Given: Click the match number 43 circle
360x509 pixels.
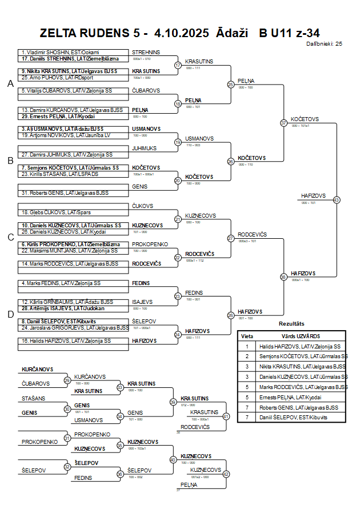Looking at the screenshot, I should tap(337, 200).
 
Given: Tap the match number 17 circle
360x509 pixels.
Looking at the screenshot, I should tap(178, 65).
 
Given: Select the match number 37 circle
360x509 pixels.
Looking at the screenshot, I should tap(283, 123).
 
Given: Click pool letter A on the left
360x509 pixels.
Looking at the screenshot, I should tap(10, 84).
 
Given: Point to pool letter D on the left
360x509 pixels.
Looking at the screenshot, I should tap(10, 314).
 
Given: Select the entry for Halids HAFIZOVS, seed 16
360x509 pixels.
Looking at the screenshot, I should tap(66, 340).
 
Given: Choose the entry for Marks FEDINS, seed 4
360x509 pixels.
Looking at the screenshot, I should tap(61, 283).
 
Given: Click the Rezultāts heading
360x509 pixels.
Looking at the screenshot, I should tap(291, 324).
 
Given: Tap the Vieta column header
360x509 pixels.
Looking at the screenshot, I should tap(247, 336).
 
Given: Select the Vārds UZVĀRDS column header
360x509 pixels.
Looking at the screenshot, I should tap(301, 336).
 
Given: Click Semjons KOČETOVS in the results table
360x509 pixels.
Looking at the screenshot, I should tap(303, 356).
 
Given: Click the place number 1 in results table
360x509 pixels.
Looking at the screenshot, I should tap(247, 346).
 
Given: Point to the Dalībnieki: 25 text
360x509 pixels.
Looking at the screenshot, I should tap(324, 43).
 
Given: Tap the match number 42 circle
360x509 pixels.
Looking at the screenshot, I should tap(226, 474).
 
